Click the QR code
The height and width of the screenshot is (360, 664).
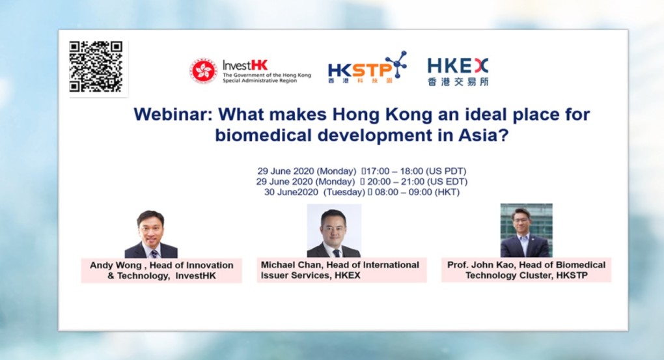coord(96,66)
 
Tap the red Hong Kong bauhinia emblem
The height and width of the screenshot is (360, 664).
coord(203,70)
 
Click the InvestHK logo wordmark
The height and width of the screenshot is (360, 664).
coord(245,65)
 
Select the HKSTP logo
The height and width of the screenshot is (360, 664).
coord(367,67)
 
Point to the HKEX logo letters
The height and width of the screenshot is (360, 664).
coord(458,66)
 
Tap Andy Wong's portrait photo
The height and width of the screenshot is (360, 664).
coord(151,234)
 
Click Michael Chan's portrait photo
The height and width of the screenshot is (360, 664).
coord(334,231)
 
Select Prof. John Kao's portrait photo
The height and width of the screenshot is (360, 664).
coord(527,230)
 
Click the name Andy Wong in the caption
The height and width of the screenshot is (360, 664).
coord(116,265)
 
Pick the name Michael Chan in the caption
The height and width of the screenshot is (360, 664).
coord(292,265)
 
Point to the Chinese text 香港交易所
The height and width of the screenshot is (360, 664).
coord(458,81)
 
